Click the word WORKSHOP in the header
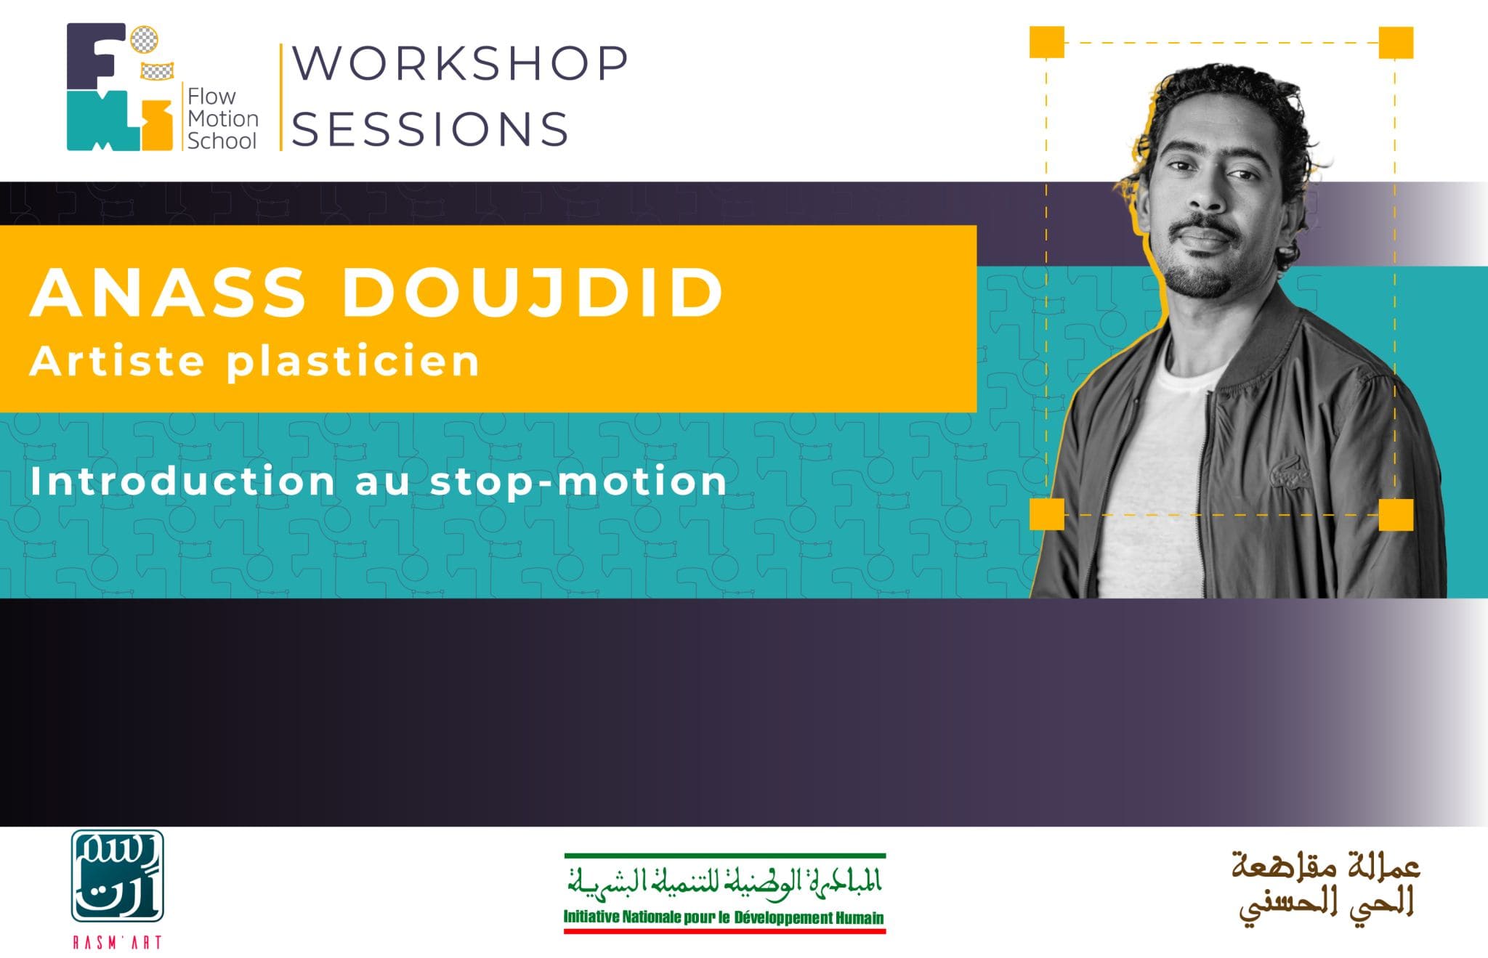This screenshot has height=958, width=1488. click(x=460, y=63)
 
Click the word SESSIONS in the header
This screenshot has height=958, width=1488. click(x=430, y=129)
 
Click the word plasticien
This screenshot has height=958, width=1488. click(x=353, y=362)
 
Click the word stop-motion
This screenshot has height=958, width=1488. click(x=578, y=482)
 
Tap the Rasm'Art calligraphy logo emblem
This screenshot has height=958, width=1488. click(x=117, y=876)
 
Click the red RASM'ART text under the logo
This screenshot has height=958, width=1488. click(x=117, y=942)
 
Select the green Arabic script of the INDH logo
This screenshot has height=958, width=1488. click(x=724, y=882)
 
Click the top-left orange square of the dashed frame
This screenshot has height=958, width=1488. click(x=1047, y=42)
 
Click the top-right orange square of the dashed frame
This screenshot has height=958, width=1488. click(x=1396, y=42)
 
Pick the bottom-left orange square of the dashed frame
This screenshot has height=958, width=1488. click(x=1047, y=514)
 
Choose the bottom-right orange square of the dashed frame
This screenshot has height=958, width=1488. click(x=1396, y=514)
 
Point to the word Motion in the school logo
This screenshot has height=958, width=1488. click(x=223, y=118)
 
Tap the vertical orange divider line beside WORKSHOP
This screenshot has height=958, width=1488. click(x=281, y=97)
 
